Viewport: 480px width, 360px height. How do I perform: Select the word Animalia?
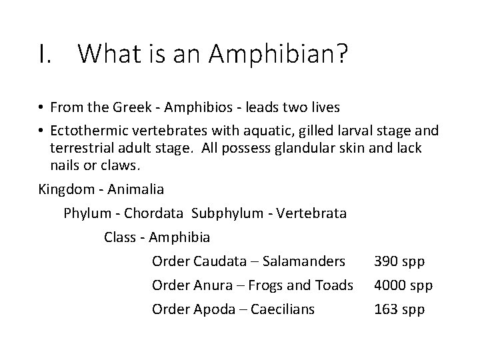coord(135,189)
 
